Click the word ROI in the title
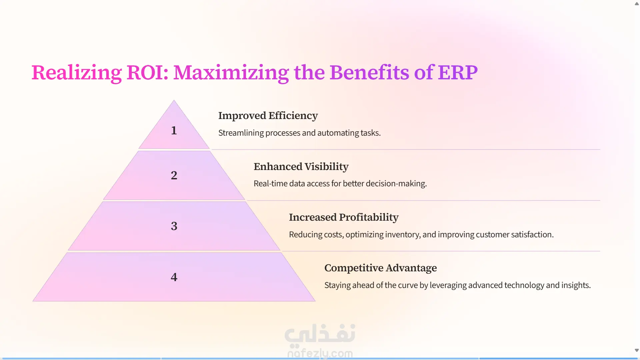147,73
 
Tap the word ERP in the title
458,73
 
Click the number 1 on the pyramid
174,130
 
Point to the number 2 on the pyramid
174,175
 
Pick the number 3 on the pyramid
174,226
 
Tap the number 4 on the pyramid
174,277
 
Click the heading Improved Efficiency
268,116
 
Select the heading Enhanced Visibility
301,167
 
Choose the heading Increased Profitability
344,217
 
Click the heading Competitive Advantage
381,268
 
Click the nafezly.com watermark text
320,353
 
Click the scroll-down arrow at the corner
637,350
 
